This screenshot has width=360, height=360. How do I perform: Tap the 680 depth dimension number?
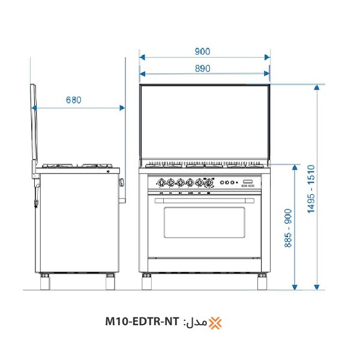pyautogui.click(x=73, y=100)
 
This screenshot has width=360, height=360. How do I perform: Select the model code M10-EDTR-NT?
pyautogui.click(x=142, y=323)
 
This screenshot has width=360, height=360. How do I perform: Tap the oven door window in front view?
pyautogui.click(x=204, y=223)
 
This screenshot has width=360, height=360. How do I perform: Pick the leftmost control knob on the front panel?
pyautogui.click(x=161, y=183)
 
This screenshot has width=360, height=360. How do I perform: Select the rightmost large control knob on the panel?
pyautogui.click(x=209, y=183)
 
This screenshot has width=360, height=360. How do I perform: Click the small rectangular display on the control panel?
pyautogui.click(x=248, y=182)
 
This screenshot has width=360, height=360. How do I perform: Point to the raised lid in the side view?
pyautogui.click(x=34, y=129)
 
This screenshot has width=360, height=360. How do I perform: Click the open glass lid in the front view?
pyautogui.click(x=204, y=123)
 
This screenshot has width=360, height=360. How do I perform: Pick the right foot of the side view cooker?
pyautogui.click(x=110, y=281)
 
